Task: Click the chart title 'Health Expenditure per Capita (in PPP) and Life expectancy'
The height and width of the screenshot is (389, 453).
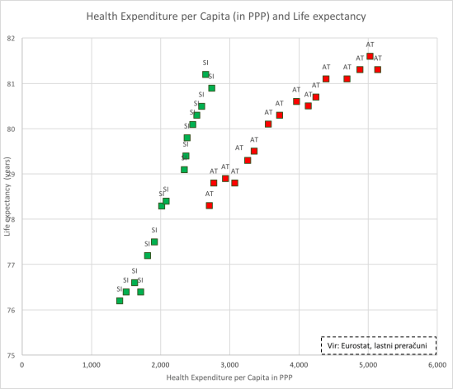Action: (227, 16)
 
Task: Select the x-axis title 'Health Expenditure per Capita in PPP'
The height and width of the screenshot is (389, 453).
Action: (228, 377)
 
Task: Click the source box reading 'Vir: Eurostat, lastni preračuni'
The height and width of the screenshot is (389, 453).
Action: (378, 344)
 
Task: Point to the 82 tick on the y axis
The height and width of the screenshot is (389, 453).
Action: (11, 38)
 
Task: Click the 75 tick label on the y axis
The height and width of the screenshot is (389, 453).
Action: (11, 355)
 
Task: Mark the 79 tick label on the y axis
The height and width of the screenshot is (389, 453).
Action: (11, 174)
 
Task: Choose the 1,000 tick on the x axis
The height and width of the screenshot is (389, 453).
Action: (91, 363)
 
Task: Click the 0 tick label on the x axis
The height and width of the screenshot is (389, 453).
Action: (21, 363)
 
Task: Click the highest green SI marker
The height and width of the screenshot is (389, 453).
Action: (205, 74)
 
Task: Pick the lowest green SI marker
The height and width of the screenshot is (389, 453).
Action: (120, 301)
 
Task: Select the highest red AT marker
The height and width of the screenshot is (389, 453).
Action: (370, 56)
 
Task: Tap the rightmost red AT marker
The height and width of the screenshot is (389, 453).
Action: (377, 69)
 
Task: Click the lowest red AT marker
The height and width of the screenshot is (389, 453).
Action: (209, 205)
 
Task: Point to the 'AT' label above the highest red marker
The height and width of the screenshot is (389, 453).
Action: (370, 45)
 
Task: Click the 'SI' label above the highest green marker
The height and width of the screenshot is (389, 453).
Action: (205, 63)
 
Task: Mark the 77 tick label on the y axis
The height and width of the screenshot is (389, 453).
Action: (11, 265)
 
